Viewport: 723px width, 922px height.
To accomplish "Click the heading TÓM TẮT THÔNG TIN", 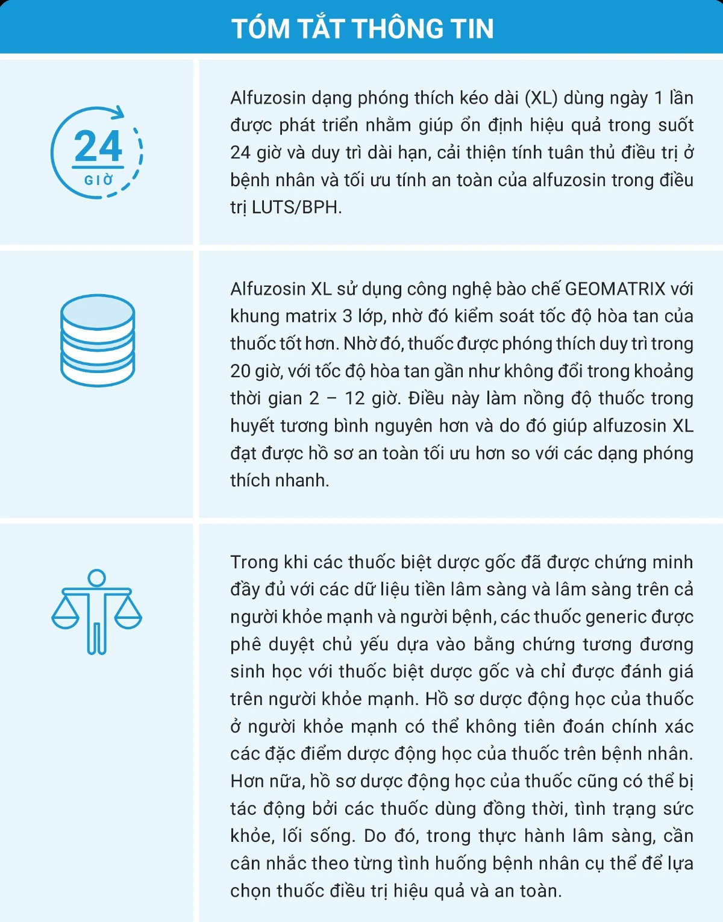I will [362, 28].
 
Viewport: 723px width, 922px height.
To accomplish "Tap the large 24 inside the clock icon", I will [98, 146].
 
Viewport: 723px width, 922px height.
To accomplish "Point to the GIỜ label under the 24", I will [99, 180].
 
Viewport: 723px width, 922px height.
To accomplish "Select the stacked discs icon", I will [98, 340].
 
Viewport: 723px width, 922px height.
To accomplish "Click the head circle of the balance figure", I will [96, 578].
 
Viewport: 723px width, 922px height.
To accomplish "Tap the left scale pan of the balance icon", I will [65, 619].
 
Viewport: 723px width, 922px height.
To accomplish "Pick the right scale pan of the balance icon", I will [128, 619].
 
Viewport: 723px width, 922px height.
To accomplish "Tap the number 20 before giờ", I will [240, 371].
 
